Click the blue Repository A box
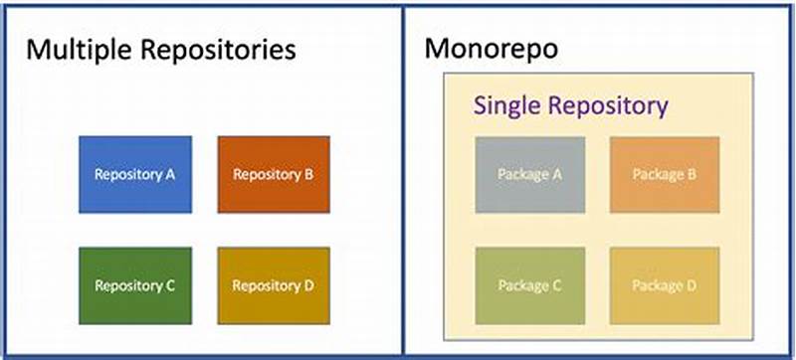coord(135,174)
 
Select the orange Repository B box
coord(274,174)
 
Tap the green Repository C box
coord(135,285)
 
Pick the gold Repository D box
coord(274,285)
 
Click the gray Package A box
coord(530,174)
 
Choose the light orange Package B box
coord(664,174)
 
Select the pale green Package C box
coord(530,285)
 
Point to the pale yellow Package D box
coord(664,285)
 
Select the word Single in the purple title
coord(507,105)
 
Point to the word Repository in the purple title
coord(608,105)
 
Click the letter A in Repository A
coord(171,174)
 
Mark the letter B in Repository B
coord(309,174)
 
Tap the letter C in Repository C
coord(171,285)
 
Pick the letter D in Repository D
coord(309,285)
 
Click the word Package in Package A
coord(522,174)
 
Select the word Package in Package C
coord(522,285)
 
